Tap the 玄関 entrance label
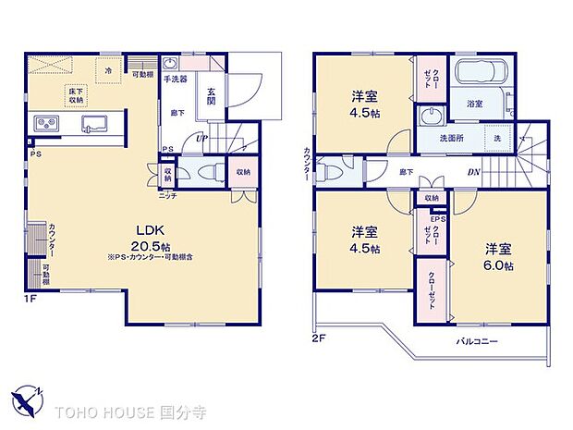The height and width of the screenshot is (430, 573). click(212, 95)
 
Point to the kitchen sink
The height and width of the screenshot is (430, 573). click(95, 124)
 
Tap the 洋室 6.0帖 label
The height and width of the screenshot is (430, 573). click(499, 256)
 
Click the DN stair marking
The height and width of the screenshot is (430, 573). click(472, 172)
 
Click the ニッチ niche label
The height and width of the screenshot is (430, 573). click(167, 196)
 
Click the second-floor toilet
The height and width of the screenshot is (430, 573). click(334, 172)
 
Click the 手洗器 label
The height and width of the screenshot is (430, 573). click(176, 80)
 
